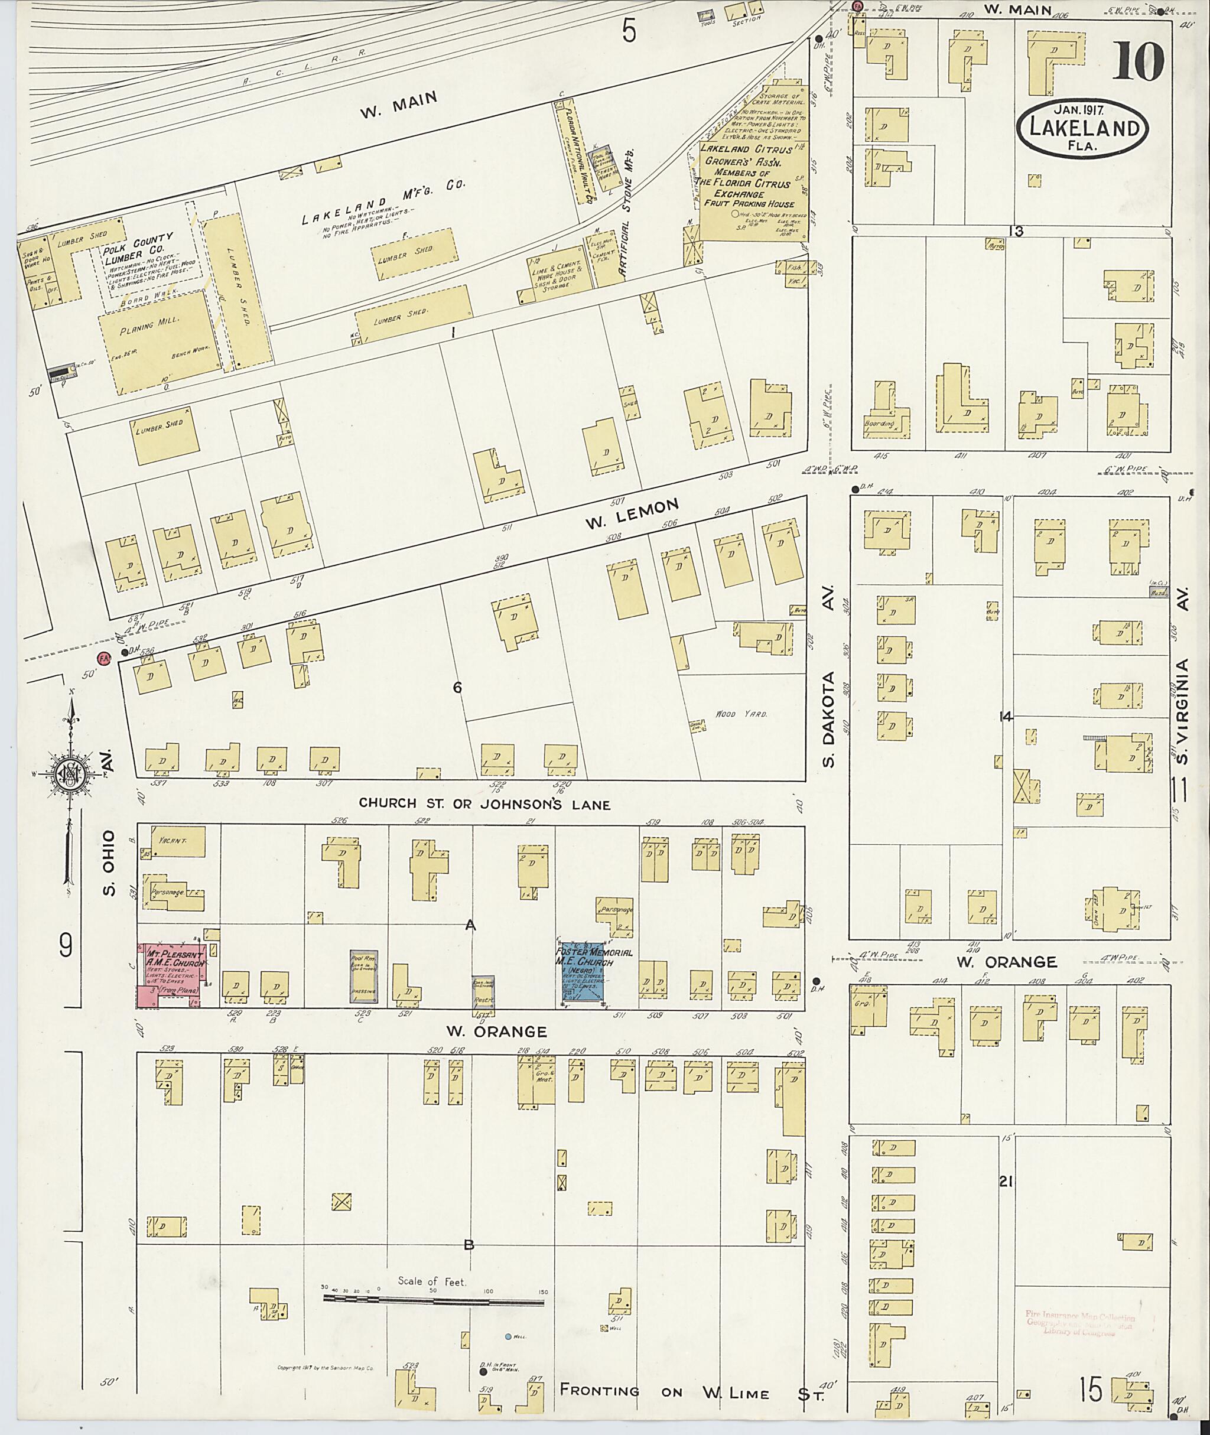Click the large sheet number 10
click(1138, 61)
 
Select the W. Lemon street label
click(631, 514)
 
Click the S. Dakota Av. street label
click(828, 676)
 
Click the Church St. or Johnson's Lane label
click(484, 804)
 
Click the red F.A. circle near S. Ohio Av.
click(104, 658)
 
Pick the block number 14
click(1006, 717)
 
